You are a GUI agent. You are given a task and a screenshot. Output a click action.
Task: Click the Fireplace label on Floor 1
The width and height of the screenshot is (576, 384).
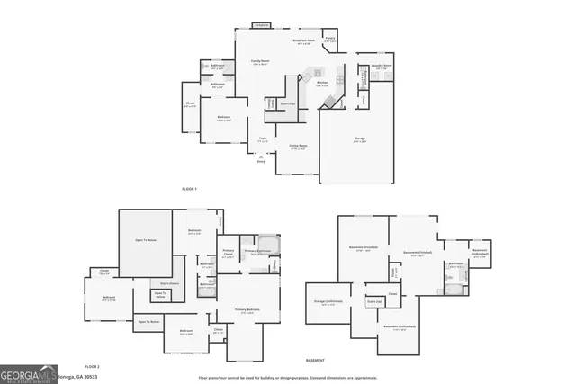pyautogui.click(x=262, y=25)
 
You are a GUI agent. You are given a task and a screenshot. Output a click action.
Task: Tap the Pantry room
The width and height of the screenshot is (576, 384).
pyautogui.click(x=330, y=40)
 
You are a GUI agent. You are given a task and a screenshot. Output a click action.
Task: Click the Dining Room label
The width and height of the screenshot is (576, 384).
pyautogui.click(x=298, y=146)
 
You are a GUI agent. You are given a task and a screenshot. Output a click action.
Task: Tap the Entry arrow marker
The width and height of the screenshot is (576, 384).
pyautogui.click(x=261, y=158)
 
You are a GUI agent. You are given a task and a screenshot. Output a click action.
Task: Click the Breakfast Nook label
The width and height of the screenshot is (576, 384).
pyautogui.click(x=303, y=41)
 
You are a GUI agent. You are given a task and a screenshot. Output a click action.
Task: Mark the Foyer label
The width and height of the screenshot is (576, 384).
pyautogui.click(x=263, y=139)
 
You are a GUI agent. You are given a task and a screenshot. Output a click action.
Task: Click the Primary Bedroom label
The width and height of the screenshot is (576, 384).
pyautogui.click(x=247, y=310)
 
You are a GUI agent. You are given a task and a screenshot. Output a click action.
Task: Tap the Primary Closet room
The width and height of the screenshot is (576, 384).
pyautogui.click(x=228, y=255)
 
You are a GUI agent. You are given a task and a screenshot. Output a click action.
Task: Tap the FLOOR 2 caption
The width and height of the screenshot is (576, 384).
pyautogui.click(x=91, y=367)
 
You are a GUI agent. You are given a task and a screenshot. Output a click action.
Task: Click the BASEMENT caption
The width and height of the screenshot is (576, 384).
pyautogui.click(x=315, y=360)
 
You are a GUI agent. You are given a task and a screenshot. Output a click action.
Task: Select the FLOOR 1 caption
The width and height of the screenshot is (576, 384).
pyautogui.click(x=189, y=188)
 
